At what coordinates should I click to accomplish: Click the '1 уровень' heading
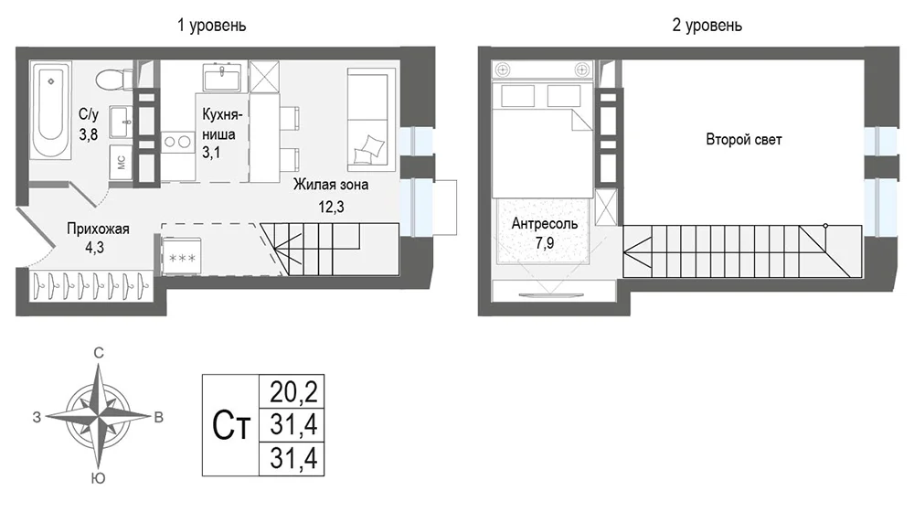pos(212,26)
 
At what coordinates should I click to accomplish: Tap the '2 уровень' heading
pos(707,26)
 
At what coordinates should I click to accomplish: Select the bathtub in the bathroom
pos(51,111)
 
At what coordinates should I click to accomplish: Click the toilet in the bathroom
pos(114,80)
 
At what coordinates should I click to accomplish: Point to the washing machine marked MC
pos(122,162)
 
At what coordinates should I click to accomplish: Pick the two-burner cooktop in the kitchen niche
pos(178,141)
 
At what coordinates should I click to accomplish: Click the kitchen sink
pos(222,78)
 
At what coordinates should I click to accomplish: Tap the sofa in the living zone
pos(367,119)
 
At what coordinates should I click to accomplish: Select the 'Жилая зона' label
pos(331,185)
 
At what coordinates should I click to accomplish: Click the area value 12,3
pos(331,207)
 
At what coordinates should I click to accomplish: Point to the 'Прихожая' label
pos(98,229)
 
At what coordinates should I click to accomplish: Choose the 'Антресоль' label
pos(545,223)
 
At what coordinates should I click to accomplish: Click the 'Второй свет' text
pos(744,140)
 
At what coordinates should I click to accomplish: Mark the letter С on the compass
pos(99,353)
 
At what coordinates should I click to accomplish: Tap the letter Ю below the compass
pos(99,479)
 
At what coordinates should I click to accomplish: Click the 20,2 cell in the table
pos(292,392)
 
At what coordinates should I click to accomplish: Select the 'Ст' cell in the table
pos(231,426)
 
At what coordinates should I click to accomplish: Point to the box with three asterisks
pos(181,256)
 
